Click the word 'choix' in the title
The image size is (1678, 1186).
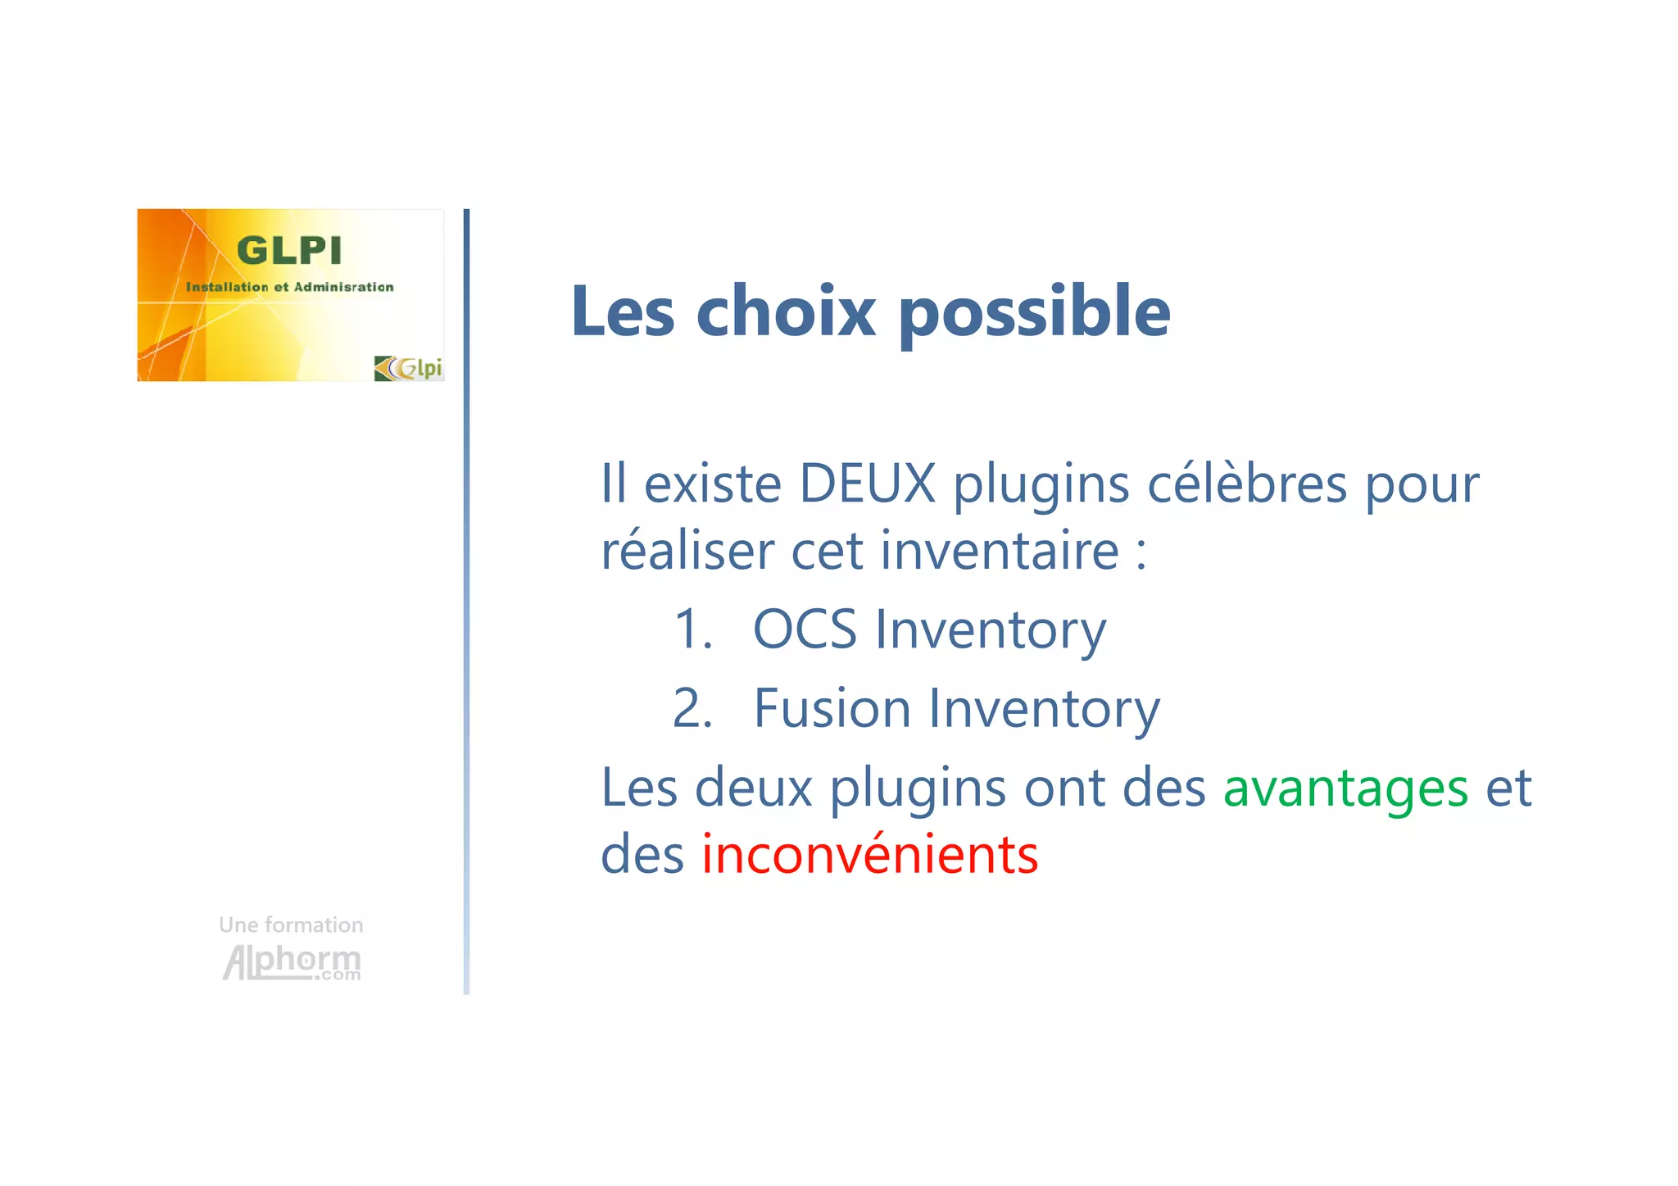[x=786, y=311]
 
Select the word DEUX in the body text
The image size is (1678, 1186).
[x=867, y=484]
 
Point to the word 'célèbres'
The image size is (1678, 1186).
[x=1246, y=484]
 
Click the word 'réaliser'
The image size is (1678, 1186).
[x=687, y=550]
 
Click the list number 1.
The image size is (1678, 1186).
[x=692, y=629]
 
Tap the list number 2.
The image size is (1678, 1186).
[x=692, y=708]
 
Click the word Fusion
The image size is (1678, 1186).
[x=832, y=708]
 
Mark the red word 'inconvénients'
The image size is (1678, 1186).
[x=869, y=855]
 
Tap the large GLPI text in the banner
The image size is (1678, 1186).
[x=288, y=251]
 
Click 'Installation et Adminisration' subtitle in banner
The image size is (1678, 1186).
[x=289, y=287]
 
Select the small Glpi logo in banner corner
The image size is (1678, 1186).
[x=408, y=368]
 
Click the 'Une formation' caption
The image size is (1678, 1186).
[x=291, y=925]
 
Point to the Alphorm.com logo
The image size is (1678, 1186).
[x=292, y=961]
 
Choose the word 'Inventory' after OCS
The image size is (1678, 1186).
[x=991, y=629]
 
